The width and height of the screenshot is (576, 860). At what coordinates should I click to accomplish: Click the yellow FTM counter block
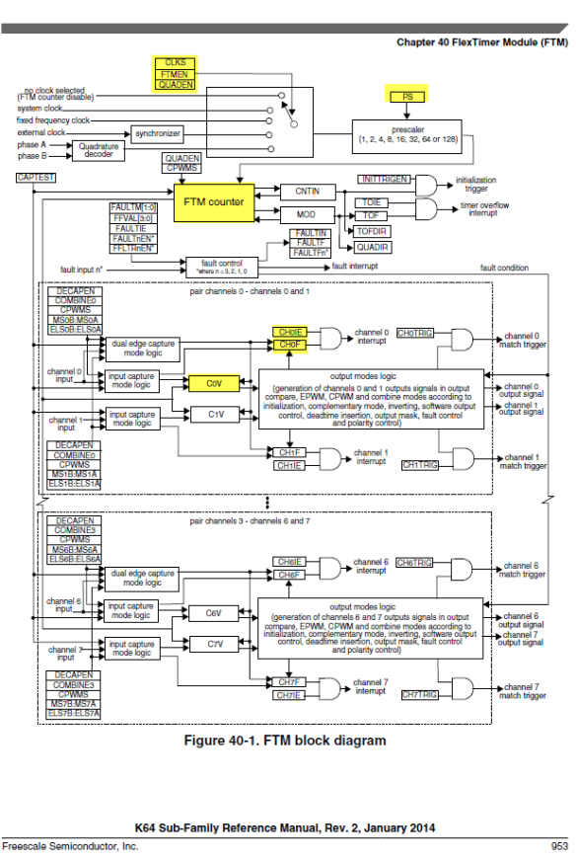[x=213, y=201]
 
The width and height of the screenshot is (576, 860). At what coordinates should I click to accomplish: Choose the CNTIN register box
[x=308, y=190]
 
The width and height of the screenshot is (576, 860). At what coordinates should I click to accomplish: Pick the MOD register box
[x=308, y=213]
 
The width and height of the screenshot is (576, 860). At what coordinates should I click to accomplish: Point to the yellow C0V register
[x=214, y=381]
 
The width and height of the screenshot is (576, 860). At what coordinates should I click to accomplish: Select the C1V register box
[x=218, y=415]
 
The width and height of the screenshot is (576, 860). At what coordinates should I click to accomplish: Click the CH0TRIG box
[x=415, y=334]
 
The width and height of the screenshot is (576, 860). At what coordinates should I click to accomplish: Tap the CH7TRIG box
[x=420, y=694]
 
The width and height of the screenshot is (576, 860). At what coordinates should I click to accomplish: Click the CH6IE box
[x=289, y=561]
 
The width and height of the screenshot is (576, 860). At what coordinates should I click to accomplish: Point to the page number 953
[x=558, y=846]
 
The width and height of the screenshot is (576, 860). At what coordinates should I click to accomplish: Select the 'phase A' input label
[x=31, y=143]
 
